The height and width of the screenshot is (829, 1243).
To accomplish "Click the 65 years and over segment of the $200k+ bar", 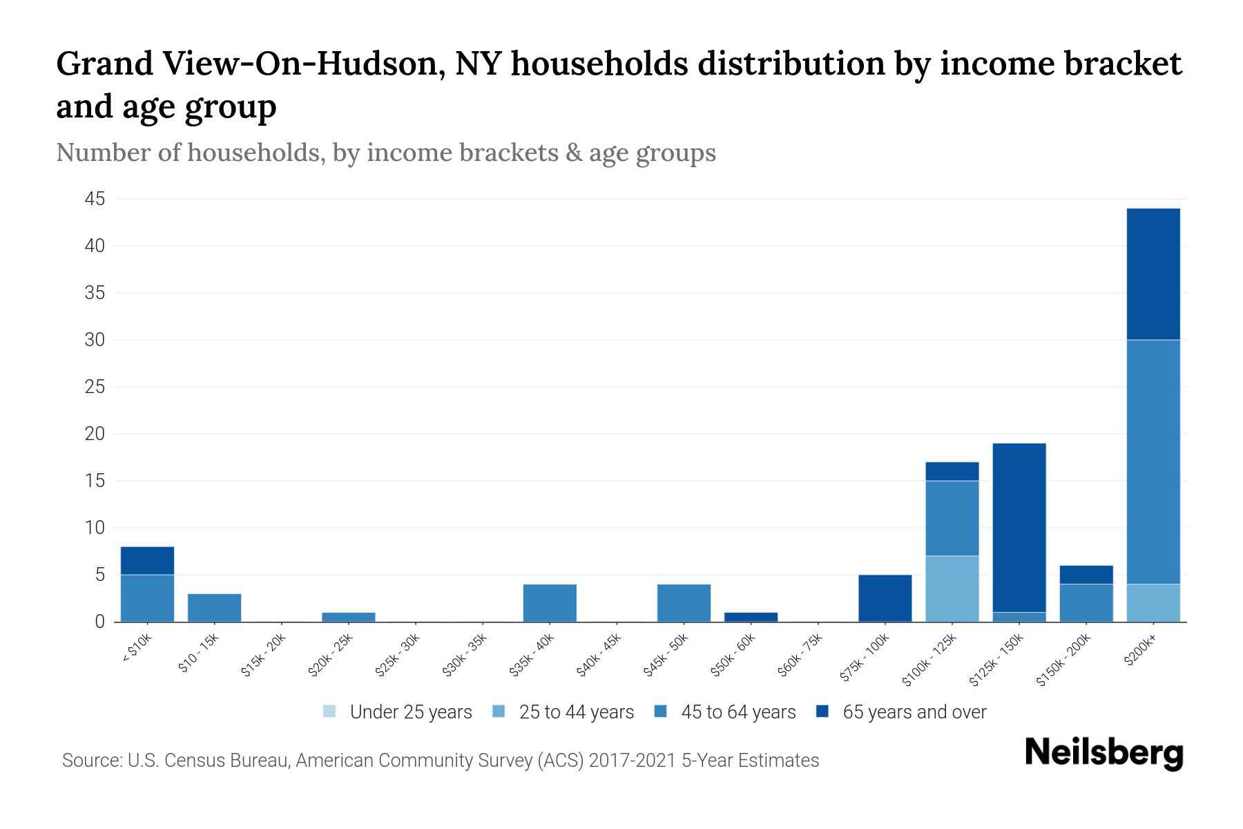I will click(1153, 274).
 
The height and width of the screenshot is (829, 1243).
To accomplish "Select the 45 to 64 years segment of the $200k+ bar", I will click(1153, 461).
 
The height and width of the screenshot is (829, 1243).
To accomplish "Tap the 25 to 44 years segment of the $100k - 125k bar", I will click(952, 589).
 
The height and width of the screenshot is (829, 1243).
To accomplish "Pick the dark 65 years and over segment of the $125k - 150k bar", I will click(1019, 527).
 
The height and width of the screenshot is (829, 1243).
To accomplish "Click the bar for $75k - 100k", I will click(885, 598).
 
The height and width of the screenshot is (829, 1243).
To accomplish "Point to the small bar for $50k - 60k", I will click(751, 617).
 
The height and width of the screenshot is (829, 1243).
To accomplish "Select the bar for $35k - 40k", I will click(550, 603).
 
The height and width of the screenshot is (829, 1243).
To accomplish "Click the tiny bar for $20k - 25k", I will click(349, 617).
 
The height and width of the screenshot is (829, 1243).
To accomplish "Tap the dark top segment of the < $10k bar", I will click(147, 560).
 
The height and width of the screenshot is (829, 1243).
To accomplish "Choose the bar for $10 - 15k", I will click(214, 608).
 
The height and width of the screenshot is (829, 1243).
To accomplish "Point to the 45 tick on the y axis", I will click(95, 200).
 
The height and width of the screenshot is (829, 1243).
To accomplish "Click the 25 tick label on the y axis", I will click(95, 387).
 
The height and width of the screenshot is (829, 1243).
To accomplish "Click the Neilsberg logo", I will click(1104, 753).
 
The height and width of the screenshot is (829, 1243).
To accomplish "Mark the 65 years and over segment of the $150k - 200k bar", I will click(1086, 575).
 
